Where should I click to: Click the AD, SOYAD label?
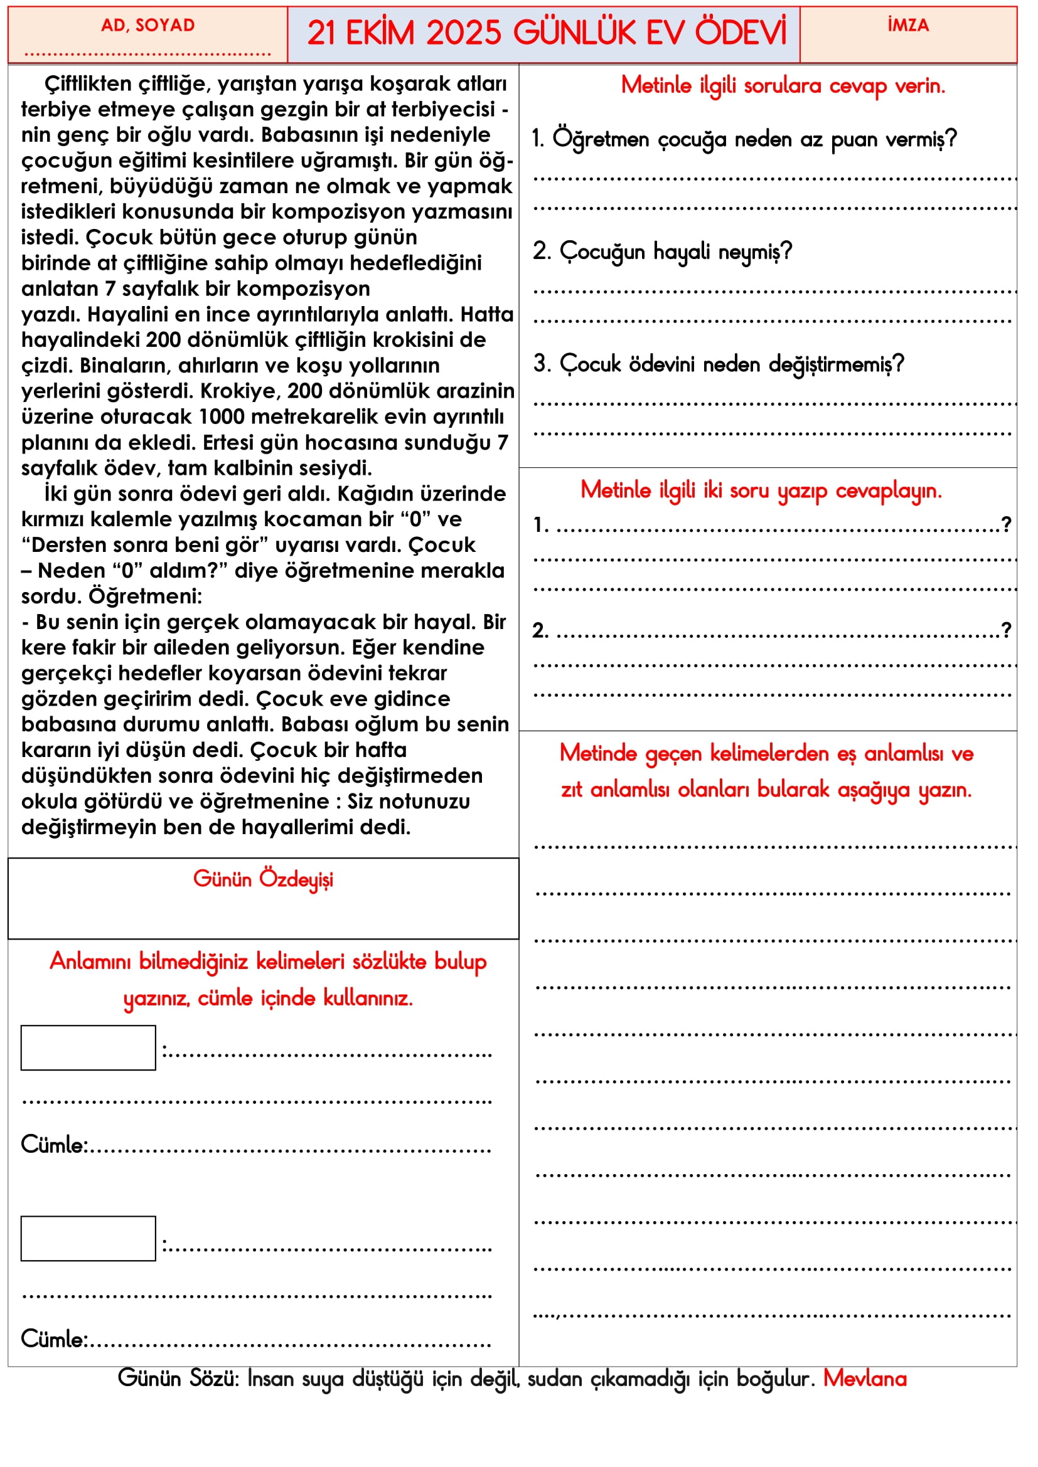pyautogui.click(x=147, y=26)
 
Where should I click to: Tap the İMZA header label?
pyautogui.click(x=907, y=26)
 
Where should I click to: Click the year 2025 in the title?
pyautogui.click(x=463, y=33)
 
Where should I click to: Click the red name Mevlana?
pyautogui.click(x=865, y=1379)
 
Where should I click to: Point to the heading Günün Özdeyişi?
pyautogui.click(x=264, y=879)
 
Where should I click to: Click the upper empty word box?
pyautogui.click(x=88, y=1048)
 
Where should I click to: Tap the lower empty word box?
pyautogui.click(x=88, y=1238)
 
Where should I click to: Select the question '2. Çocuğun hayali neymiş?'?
pyautogui.click(x=662, y=252)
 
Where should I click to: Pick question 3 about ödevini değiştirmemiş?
pyautogui.click(x=719, y=364)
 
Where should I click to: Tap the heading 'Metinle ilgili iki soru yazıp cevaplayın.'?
pyautogui.click(x=761, y=490)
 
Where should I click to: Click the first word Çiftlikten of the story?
pyautogui.click(x=87, y=83)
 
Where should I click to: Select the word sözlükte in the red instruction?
pyautogui.click(x=389, y=961)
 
